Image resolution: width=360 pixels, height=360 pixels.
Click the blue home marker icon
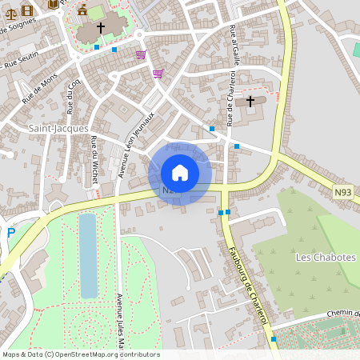pos(180,173)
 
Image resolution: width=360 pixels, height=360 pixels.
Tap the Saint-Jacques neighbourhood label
pos(58,128)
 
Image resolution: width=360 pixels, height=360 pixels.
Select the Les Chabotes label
pos(320,257)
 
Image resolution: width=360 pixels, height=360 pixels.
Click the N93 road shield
pos(344,191)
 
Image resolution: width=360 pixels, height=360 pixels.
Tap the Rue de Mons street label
pos(39,89)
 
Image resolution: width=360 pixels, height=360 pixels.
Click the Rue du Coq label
pos(74,95)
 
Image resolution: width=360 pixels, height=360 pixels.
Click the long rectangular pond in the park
pos(87,254)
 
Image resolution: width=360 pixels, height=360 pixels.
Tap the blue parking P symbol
pos(10,233)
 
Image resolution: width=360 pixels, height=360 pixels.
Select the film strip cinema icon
pos(28,10)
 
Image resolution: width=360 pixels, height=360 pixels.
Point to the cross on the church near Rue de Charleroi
pos(251,101)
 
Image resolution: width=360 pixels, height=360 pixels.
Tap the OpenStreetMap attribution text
pos(81,354)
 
